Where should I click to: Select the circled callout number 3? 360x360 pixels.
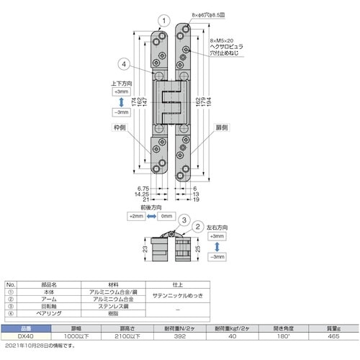click(x=184, y=221)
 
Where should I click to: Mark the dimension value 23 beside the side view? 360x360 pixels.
click(x=148, y=249)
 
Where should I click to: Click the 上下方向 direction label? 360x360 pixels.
click(x=121, y=84)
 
